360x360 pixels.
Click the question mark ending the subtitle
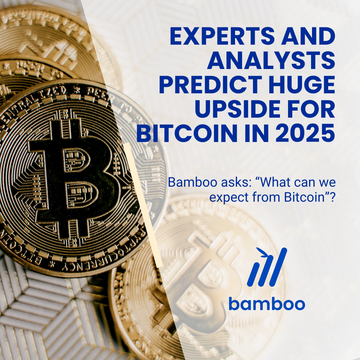point(332,197)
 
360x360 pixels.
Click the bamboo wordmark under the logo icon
point(267,304)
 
